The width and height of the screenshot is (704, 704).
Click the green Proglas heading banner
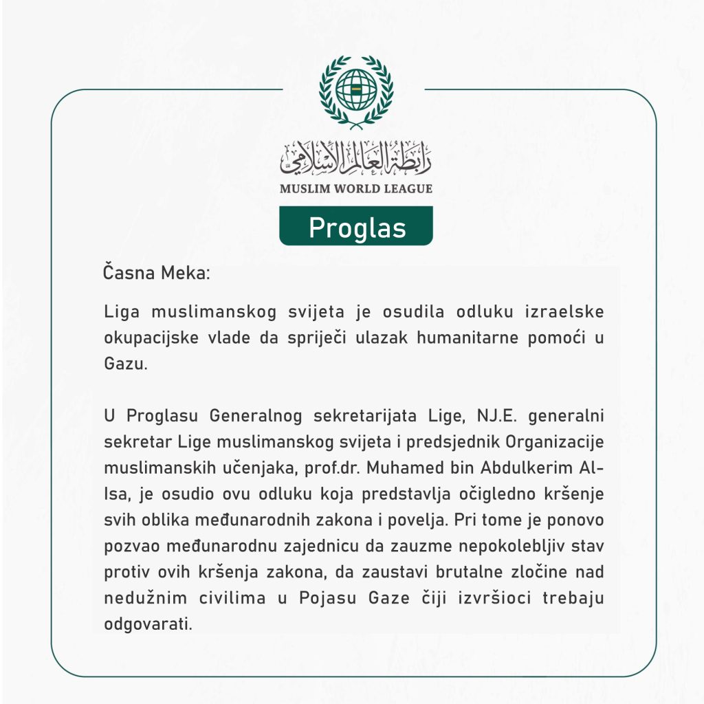pos(356,226)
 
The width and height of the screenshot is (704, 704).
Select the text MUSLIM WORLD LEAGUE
pos(356,188)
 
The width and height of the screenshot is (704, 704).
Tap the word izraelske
pos(564,311)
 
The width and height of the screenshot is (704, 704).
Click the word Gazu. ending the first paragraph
pos(126,364)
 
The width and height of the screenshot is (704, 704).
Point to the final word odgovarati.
pos(146,625)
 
